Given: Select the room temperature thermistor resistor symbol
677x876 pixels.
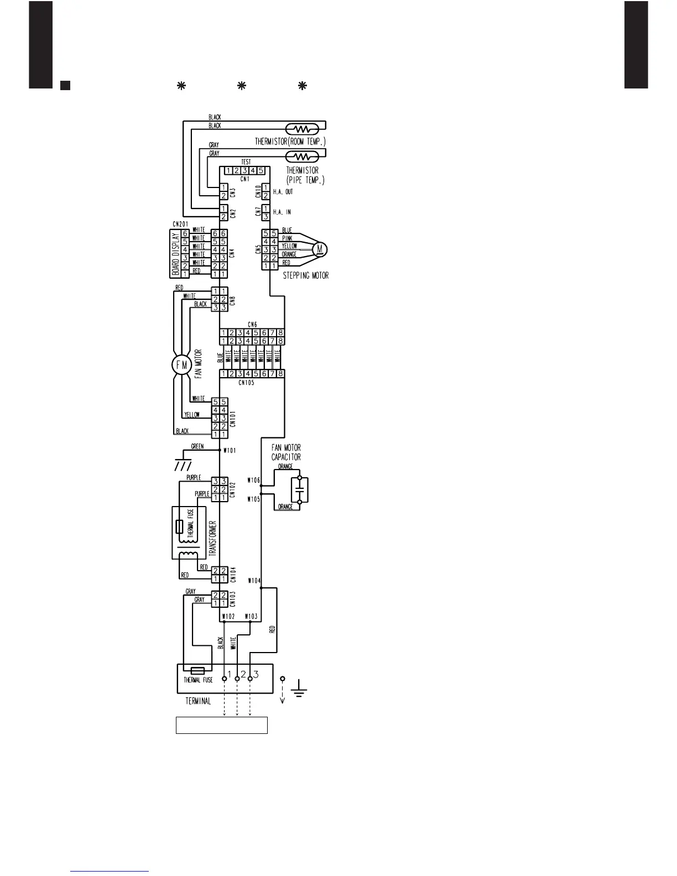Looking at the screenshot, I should coord(301,129).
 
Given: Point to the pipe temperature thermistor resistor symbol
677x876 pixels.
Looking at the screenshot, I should coord(301,156).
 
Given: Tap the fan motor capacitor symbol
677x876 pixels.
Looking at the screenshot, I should coord(299,490).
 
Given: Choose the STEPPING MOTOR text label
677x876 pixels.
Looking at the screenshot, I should coord(306,275).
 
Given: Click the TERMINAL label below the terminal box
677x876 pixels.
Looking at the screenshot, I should coord(198,701).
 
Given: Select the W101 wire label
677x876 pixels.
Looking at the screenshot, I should coord(229,451).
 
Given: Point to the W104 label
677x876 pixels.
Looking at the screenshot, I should coord(254,581).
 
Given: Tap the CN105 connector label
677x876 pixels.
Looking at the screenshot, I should coord(246,383).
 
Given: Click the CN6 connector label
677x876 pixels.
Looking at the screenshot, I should coord(252,325).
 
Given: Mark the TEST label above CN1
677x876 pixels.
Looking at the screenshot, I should coord(246,162).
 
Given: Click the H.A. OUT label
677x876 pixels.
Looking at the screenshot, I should coord(283,192).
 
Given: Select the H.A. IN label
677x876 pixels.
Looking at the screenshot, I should coord(282,212).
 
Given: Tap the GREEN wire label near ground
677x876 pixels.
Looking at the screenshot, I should coord(197,446).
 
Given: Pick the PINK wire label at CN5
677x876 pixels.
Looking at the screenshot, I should coord(287,238).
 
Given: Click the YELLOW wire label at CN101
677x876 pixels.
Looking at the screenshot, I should coord(192,415).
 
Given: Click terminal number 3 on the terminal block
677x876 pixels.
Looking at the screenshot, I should coord(256,675).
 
